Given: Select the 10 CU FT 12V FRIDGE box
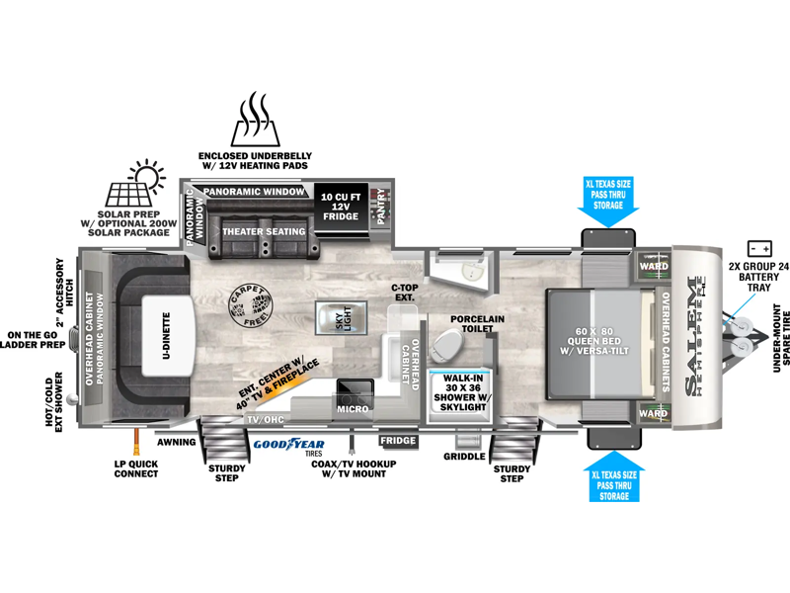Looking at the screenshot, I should [x=339, y=207].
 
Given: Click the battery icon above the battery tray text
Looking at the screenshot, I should [x=759, y=247].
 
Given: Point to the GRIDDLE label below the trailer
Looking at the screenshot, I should [x=464, y=457].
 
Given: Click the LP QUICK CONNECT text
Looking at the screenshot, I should [x=135, y=467].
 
